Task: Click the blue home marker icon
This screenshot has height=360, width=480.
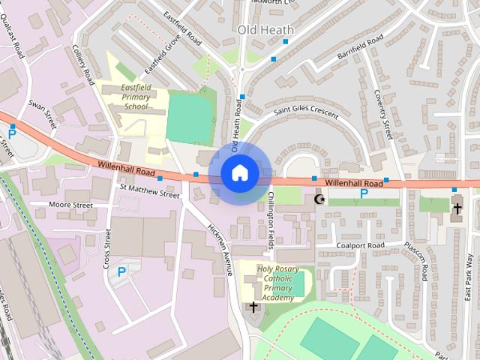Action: coord(239,172)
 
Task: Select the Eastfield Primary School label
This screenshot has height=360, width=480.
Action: coord(136,97)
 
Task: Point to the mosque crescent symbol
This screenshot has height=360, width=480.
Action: coord(320,199)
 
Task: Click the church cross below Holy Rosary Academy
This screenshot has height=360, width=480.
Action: coord(253,307)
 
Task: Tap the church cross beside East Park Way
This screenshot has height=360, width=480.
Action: coord(457,208)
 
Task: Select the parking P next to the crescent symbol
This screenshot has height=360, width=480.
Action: coord(364,193)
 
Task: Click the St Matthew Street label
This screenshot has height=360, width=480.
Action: coord(149,193)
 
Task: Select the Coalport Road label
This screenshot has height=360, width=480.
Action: coord(360,245)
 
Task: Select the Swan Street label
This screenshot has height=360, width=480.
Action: coord(43,113)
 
